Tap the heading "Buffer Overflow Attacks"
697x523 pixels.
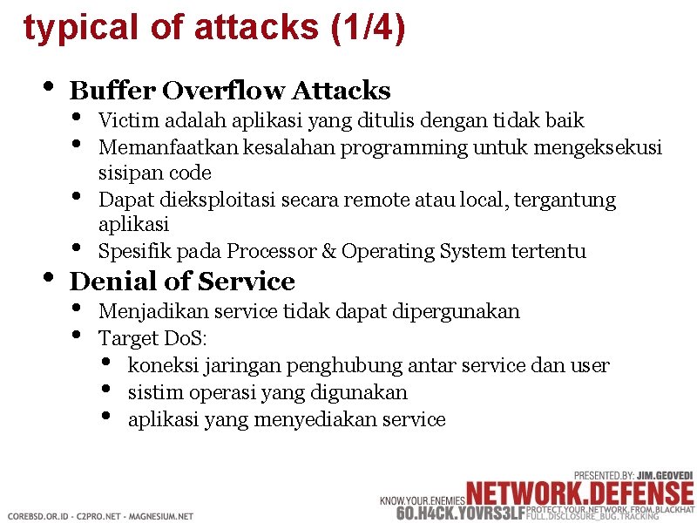(230, 91)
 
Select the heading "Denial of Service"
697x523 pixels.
(182, 282)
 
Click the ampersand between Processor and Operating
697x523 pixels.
(329, 252)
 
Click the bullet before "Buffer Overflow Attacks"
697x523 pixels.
(49, 89)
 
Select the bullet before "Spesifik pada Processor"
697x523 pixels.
(77, 250)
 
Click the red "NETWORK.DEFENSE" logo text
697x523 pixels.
(579, 491)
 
